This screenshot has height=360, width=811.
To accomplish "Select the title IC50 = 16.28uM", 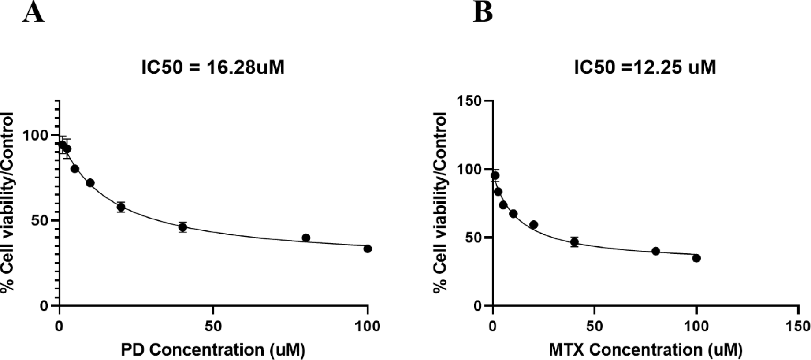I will pos(213,67).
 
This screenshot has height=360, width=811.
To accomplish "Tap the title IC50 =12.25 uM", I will pos(645,67).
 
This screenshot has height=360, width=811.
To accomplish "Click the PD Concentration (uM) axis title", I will pos(213,350).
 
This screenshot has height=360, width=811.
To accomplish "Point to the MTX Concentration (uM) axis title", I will pos(645,350).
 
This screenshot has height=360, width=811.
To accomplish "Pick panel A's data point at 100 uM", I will pos(367,249).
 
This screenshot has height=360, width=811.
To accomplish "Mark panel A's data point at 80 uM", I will pos(306,238).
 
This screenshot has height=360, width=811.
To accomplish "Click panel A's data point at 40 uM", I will pos(182,227).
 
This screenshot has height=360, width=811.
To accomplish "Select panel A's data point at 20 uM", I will pos(121,207).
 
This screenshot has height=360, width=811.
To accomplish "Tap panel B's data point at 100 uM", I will pos(696,258).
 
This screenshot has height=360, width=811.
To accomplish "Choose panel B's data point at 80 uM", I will pos(655,251).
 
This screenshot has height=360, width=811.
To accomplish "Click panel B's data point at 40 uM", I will pos(574,242).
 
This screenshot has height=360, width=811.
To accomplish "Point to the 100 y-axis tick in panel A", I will pos(56,135).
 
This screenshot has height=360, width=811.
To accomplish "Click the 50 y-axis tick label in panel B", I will pos(473,238).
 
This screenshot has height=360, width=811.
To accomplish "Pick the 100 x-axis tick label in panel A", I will pos(367,326).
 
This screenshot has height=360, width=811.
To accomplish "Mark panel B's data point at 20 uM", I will pos(533,225).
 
